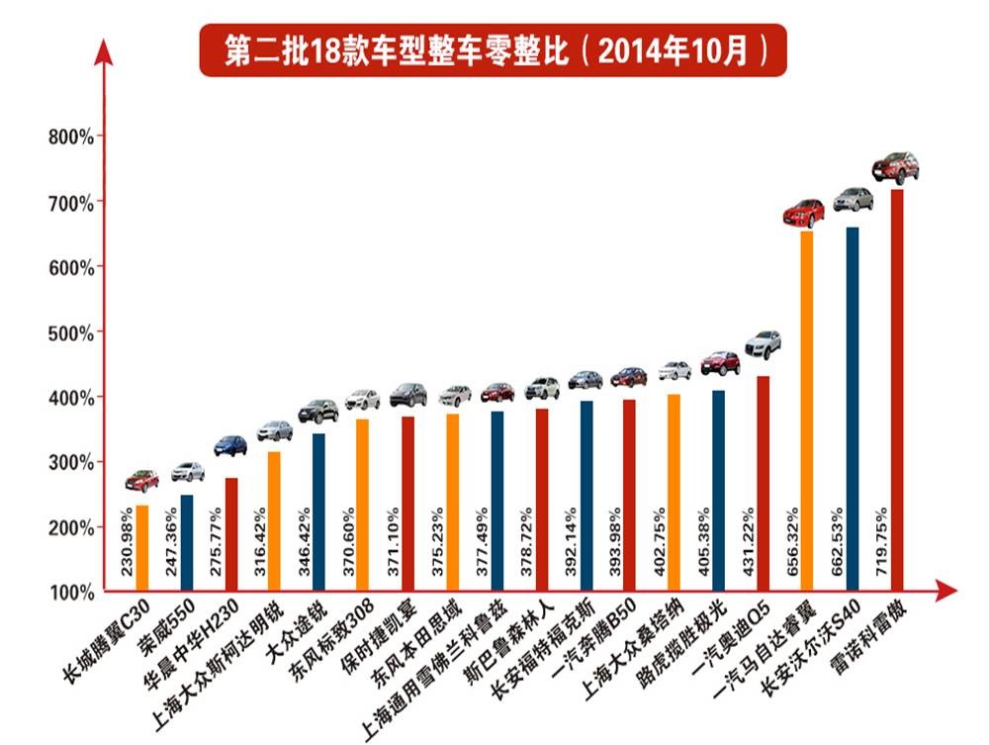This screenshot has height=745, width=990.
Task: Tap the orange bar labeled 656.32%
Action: [807, 416]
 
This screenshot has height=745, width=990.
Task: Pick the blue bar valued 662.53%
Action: [853, 416]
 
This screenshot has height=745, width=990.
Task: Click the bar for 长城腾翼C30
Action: [142, 549]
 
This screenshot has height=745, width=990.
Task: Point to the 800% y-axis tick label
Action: [70, 137]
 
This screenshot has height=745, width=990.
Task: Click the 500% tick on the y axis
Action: [70, 332]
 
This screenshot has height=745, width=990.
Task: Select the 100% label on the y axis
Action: [70, 593]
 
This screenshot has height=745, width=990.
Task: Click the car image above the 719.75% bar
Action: [895, 167]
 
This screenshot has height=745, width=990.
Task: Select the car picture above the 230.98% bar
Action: [142, 481]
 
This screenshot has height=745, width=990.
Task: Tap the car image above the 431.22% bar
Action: [763, 344]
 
